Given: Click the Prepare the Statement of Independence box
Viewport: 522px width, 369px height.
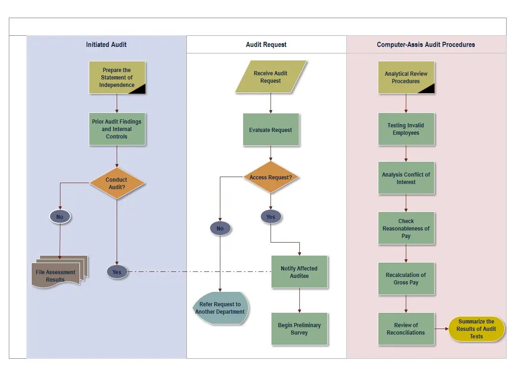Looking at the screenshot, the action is (x=117, y=77).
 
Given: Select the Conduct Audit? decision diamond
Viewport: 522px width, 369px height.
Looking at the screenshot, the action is (x=117, y=183).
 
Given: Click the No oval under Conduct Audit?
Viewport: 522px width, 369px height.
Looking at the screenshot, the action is (x=60, y=217).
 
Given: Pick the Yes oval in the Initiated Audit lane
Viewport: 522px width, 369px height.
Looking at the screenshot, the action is (x=117, y=272).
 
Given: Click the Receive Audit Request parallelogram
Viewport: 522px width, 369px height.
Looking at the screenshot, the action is (x=271, y=77).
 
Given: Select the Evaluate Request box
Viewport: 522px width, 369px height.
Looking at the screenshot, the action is (x=271, y=130).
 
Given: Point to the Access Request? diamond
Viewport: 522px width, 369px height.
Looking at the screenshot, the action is (x=271, y=177).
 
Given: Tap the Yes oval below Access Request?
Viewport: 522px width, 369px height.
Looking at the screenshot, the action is (x=271, y=217).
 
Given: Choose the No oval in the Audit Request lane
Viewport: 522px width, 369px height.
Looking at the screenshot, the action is (x=220, y=228).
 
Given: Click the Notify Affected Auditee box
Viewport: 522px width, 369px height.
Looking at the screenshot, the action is (x=299, y=272).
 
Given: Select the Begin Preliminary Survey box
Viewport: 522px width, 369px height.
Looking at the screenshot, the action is (x=299, y=329).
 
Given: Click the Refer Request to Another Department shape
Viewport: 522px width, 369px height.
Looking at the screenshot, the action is (x=220, y=308).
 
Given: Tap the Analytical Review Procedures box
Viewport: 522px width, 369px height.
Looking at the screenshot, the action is (x=406, y=77).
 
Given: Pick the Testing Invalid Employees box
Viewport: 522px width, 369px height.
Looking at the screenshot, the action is (x=406, y=129).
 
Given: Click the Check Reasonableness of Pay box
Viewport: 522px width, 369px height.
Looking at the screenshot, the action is (x=406, y=228).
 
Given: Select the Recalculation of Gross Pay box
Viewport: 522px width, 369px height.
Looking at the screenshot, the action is (x=406, y=279).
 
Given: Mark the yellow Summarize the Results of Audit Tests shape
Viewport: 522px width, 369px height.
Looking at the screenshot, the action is (x=476, y=329).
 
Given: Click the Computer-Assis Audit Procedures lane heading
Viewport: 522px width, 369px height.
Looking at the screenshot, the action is (x=426, y=45).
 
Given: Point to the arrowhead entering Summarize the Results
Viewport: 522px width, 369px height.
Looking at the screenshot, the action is (x=447, y=329).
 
